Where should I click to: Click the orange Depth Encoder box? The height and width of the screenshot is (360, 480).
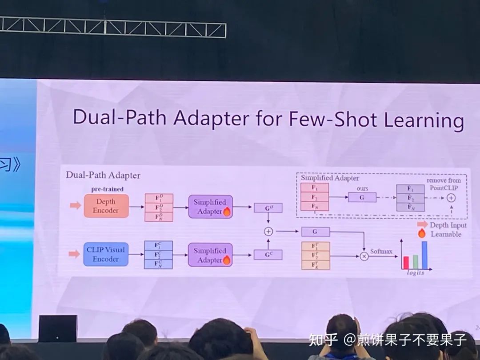[106, 206]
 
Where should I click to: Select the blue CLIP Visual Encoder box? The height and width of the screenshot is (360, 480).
[106, 254]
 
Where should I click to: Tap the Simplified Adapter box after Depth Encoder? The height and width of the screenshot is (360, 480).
[210, 206]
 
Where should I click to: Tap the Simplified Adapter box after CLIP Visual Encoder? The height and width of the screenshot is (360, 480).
[210, 255]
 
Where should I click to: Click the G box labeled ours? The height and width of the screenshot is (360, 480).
[362, 197]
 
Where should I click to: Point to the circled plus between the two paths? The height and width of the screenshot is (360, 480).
[268, 231]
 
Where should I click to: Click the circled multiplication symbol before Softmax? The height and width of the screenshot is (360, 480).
[364, 256]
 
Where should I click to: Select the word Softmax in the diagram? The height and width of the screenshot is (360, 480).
[381, 252]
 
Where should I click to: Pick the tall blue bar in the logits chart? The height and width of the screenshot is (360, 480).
[424, 255]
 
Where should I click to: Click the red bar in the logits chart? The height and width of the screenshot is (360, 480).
[405, 262]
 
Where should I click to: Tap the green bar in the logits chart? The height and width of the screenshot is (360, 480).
[415, 261]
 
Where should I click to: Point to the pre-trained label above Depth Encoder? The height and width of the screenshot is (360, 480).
[107, 189]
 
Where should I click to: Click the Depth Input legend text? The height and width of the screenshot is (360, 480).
[448, 225]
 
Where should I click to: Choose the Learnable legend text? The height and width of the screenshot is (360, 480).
[446, 234]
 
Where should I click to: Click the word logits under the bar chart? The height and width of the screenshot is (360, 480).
[416, 272]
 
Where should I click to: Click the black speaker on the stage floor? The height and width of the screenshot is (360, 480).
[57, 328]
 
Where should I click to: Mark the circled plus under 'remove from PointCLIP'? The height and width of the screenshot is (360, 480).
[451, 198]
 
